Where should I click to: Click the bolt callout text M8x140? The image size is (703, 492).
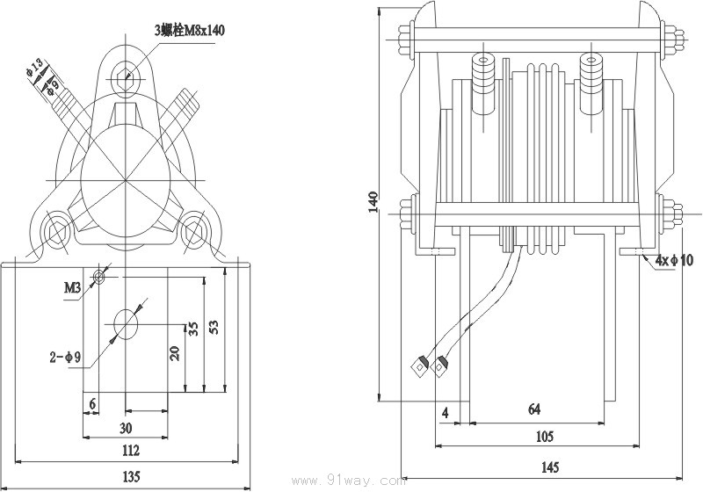[189, 30]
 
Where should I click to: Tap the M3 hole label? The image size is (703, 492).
[72, 286]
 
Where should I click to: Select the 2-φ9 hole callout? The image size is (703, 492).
[65, 357]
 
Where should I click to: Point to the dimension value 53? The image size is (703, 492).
[213, 328]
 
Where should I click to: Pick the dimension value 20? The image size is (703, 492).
[175, 353]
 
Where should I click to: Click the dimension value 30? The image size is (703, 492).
[126, 428]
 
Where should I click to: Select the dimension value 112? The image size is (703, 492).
[130, 451]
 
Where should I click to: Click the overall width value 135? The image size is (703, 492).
[130, 477]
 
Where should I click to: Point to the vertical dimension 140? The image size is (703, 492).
[373, 201]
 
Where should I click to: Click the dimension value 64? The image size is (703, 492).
[534, 409]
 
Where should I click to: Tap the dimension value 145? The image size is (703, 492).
[548, 467]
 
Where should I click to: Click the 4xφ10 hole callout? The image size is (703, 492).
[674, 260]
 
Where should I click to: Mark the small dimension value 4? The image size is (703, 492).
[446, 411]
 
